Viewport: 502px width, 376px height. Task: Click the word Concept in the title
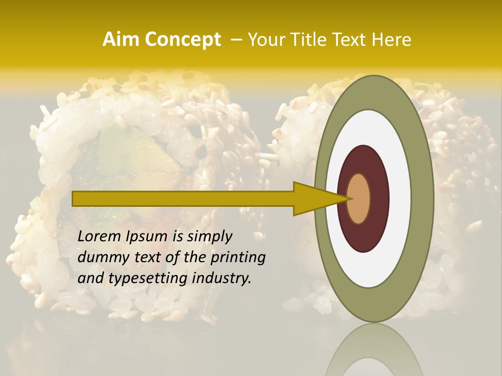coord(182,40)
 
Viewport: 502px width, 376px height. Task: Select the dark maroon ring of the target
coord(378,198)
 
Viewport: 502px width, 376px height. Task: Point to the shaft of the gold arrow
coord(183,198)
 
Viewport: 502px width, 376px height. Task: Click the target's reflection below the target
coord(374,350)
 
